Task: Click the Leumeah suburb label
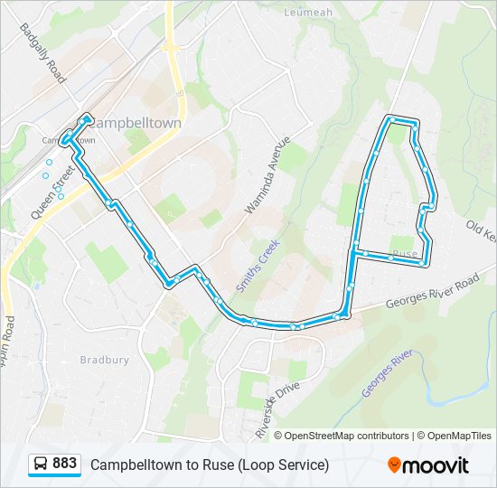(x=310, y=13)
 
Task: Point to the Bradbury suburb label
(x=105, y=360)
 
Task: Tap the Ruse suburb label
(x=406, y=254)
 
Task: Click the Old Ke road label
(x=481, y=230)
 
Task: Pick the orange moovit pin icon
(x=394, y=465)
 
